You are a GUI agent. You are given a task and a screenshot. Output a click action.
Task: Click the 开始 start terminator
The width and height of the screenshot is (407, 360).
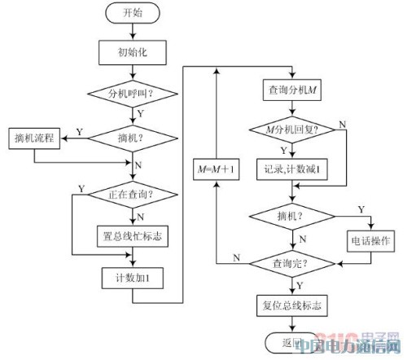tap(130, 14)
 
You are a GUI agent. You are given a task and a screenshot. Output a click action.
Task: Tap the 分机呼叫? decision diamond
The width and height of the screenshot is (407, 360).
tap(130, 94)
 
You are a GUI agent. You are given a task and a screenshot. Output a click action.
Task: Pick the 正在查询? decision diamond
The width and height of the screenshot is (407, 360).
tap(130, 195)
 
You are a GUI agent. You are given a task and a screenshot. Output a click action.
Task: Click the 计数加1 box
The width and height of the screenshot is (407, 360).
tap(130, 277)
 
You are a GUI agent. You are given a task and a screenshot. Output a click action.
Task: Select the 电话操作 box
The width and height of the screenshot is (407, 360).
tap(370, 241)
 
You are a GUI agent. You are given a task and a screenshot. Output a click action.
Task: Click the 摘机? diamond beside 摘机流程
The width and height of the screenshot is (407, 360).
tap(130, 137)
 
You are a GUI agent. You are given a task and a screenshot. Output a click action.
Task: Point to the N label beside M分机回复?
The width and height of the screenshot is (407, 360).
tap(342, 123)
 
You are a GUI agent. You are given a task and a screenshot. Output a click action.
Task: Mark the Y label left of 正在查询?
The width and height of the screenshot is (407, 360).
tap(81, 189)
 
